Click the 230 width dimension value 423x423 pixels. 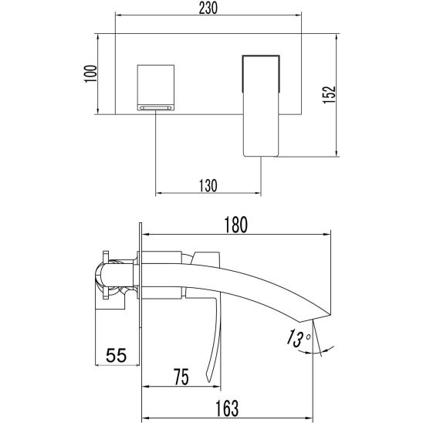208,8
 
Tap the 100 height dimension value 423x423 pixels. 90,73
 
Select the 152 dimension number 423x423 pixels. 329,94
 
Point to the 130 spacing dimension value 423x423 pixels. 208,185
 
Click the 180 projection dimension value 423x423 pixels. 235,225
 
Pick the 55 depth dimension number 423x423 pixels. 117,355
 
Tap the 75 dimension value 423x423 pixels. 181,377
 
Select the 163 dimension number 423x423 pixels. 227,408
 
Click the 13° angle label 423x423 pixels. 297,338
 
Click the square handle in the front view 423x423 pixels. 156,87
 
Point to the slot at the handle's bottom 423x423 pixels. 156,108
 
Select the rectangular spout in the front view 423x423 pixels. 261,106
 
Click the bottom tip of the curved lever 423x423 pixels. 209,381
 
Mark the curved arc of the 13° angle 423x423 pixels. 316,352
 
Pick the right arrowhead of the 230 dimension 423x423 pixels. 298,15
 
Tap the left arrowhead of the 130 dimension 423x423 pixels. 159,193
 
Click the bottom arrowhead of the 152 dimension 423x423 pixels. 337,154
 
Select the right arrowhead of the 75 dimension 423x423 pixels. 217,387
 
